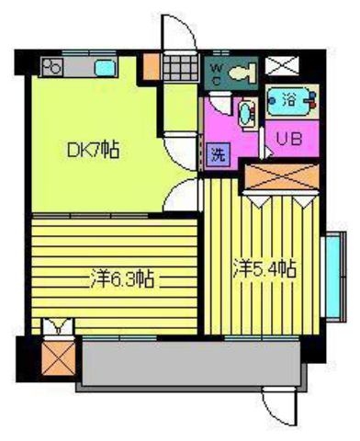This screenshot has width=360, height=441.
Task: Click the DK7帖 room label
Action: (93, 149)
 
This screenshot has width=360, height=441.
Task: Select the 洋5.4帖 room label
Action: (264, 268)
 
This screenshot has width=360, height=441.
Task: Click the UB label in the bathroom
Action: (289, 139)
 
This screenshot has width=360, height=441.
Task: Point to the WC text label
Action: (217, 73)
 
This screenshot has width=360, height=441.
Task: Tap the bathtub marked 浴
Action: (291, 101)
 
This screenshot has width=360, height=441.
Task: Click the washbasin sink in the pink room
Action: (247, 114)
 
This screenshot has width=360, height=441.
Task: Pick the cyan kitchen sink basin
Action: (106, 67)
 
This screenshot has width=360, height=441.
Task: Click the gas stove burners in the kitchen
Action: (52, 67)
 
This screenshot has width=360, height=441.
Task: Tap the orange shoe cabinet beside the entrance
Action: (151, 67)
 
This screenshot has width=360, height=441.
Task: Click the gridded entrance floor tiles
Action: (180, 68)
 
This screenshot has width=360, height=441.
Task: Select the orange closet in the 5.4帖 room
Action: (282, 177)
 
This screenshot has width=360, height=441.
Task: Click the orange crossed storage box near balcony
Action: (59, 358)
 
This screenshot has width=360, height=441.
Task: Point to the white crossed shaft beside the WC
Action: (281, 65)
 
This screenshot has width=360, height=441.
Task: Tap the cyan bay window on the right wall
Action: (333, 277)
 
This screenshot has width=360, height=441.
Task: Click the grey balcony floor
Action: (191, 364)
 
